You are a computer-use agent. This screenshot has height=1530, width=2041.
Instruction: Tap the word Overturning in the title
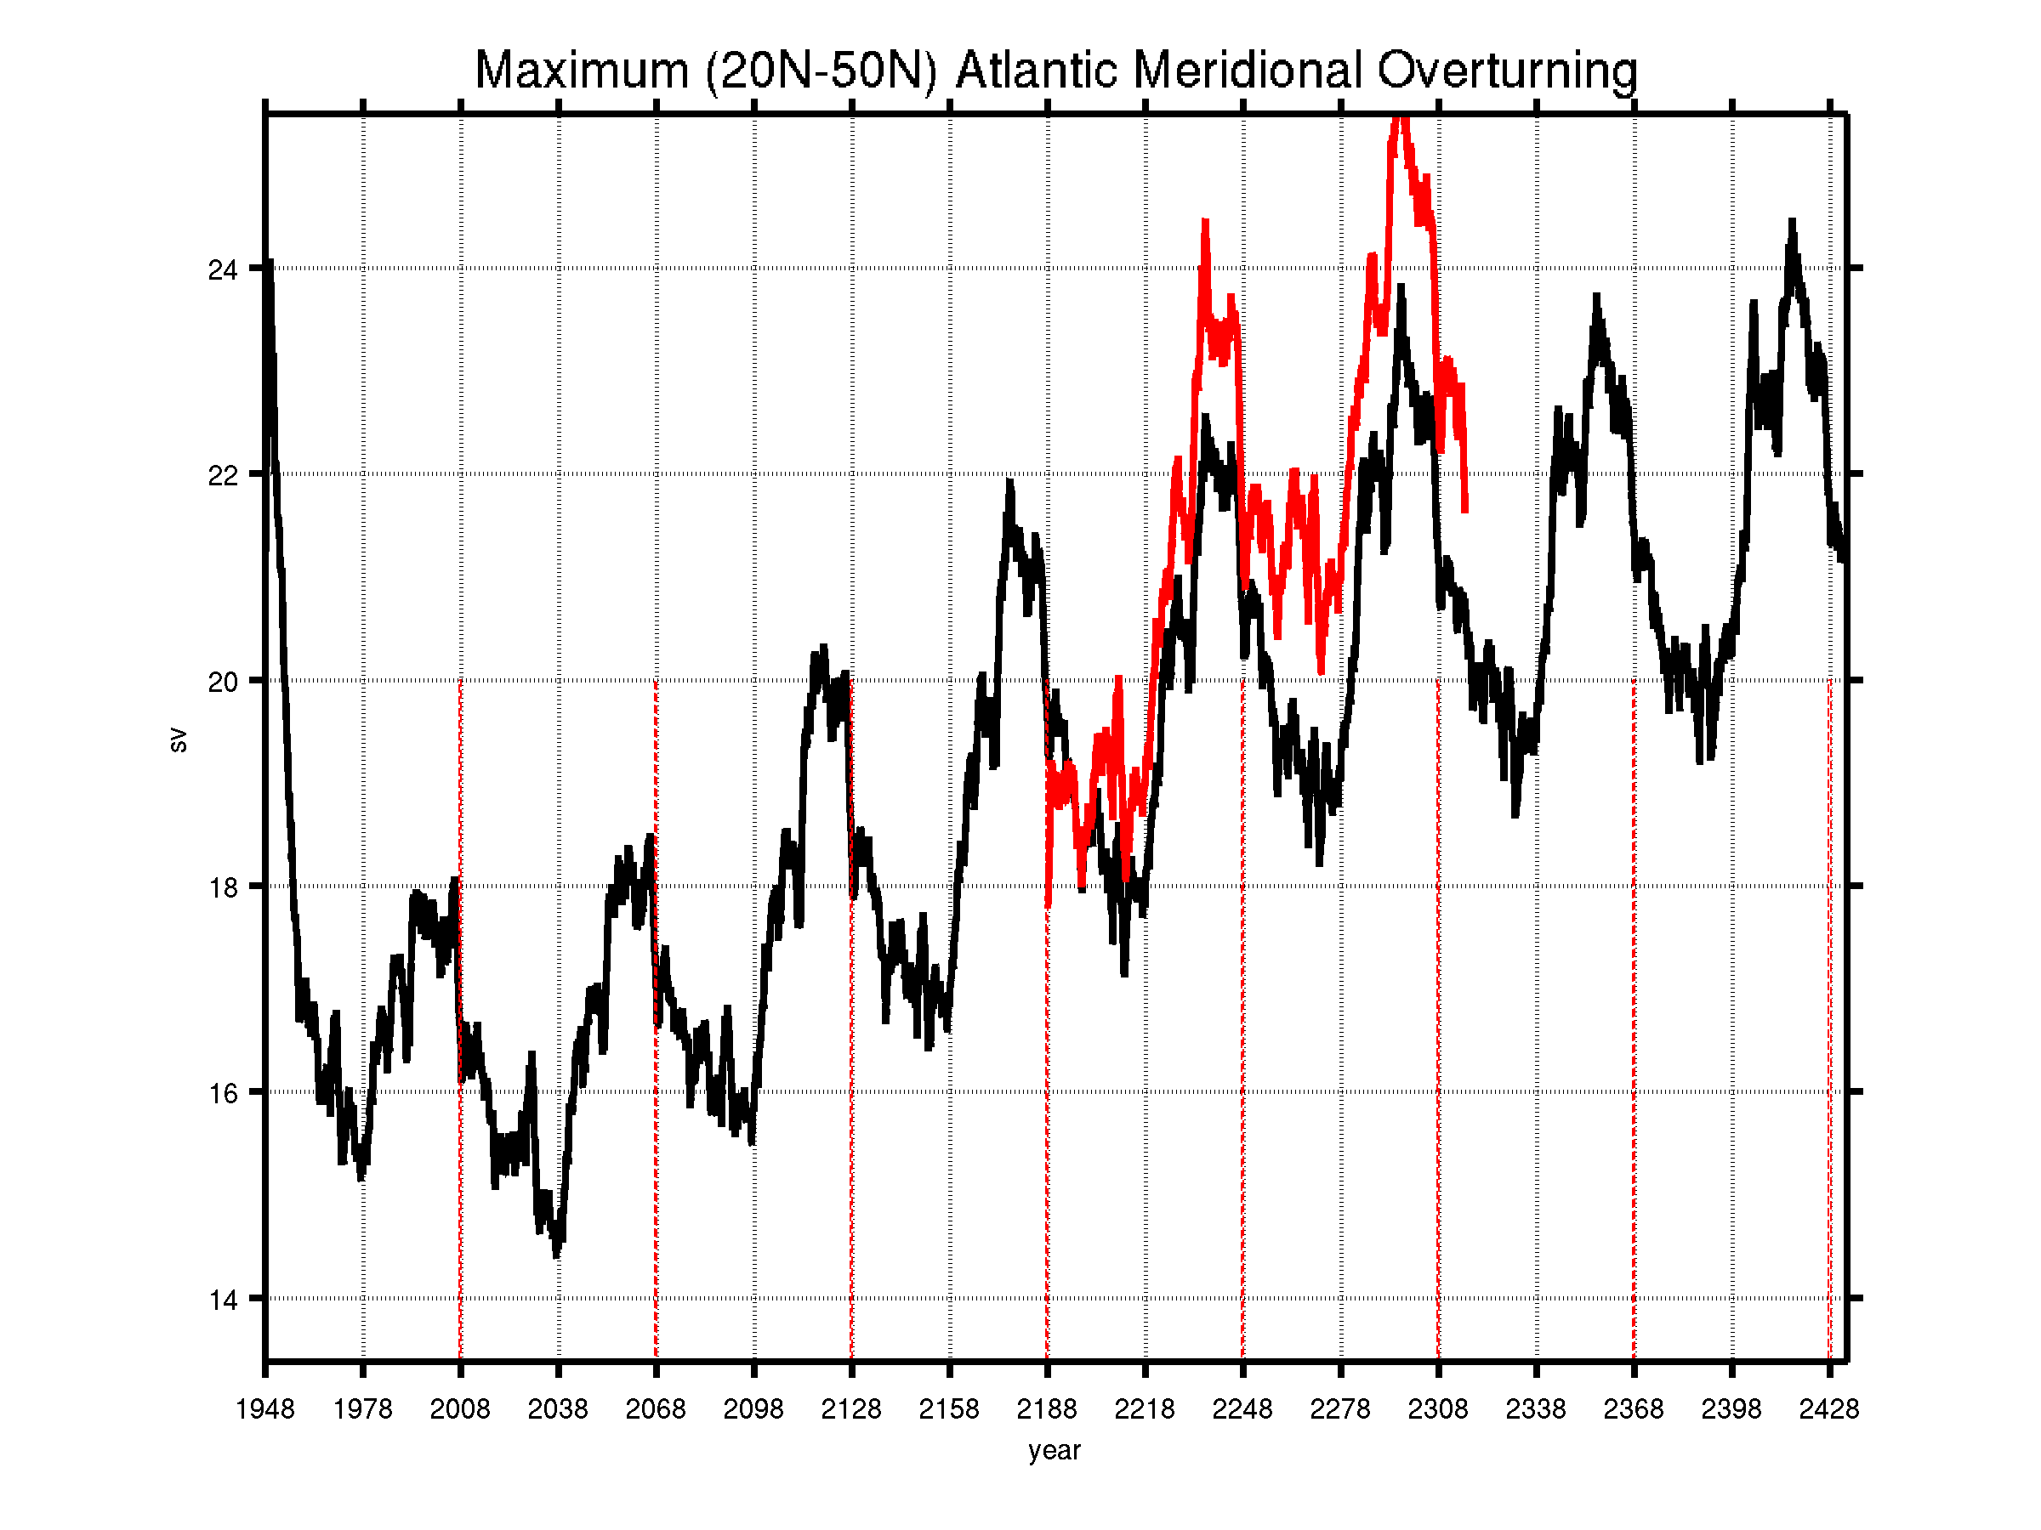coord(1507,72)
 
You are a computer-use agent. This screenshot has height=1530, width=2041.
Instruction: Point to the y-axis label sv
coord(178,739)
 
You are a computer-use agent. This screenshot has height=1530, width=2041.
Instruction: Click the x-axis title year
coord(1054,1451)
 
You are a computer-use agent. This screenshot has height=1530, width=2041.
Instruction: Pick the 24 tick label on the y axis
coord(222,269)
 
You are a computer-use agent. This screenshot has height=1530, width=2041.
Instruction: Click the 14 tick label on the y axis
coord(222,1300)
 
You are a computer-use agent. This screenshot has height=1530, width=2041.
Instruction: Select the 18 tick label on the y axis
coord(222,887)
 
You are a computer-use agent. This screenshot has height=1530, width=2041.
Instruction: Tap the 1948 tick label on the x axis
coord(264,1409)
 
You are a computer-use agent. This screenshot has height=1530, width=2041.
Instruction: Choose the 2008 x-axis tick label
coord(460,1409)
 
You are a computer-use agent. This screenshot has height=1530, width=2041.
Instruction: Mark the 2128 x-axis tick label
coord(851,1409)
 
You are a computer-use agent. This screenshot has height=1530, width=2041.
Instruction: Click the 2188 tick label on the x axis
coord(1046,1409)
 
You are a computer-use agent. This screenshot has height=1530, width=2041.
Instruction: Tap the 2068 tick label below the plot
coord(656,1409)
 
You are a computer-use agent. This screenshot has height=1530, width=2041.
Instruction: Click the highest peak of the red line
coord(1401,118)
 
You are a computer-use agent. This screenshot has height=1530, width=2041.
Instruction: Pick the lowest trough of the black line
coord(555,1255)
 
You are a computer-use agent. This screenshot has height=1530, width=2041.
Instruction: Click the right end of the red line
coord(1464,510)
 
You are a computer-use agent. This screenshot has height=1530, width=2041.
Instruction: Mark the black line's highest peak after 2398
coord(1792,220)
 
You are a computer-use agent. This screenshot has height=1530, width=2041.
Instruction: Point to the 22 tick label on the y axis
coord(222,476)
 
